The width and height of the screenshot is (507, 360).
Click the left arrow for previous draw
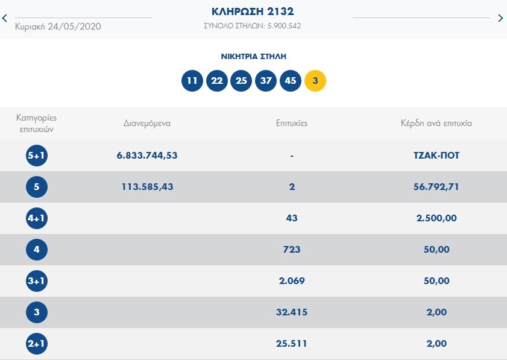click(x=5, y=18)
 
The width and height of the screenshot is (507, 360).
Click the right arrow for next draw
click(x=500, y=18)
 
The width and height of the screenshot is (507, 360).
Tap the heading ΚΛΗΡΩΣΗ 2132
click(x=253, y=11)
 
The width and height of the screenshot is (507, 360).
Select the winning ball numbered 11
click(x=192, y=80)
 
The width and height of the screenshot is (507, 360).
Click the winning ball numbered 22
click(x=217, y=80)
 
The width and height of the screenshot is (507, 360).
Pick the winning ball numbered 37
click(x=266, y=80)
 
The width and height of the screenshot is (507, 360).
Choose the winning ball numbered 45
click(x=291, y=80)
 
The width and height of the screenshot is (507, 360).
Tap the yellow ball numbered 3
click(x=315, y=80)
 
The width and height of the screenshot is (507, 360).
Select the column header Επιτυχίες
click(x=291, y=123)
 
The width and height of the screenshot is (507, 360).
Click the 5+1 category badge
click(x=37, y=156)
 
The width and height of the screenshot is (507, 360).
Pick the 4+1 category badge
click(x=37, y=218)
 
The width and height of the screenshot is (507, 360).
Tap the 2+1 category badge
click(x=37, y=344)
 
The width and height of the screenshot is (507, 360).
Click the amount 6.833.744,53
click(x=147, y=156)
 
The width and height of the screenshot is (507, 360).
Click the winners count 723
click(x=292, y=250)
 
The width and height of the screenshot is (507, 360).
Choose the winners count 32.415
click(x=292, y=312)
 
